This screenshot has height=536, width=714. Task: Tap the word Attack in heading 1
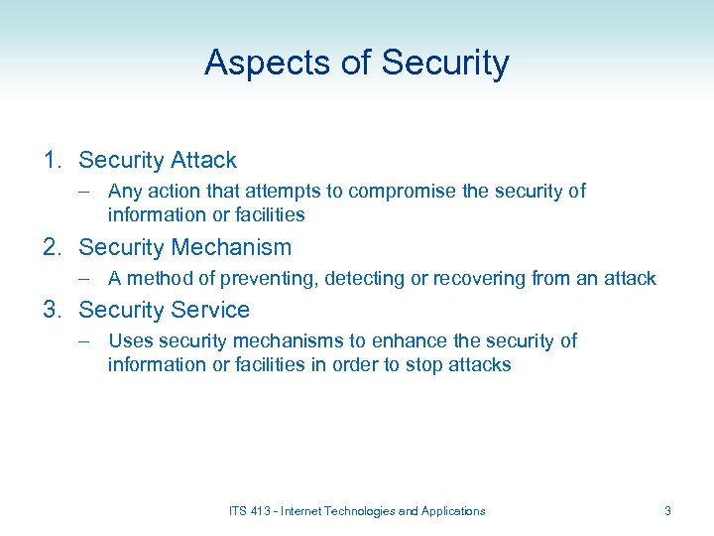point(203,160)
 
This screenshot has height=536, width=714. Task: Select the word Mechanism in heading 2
point(231,247)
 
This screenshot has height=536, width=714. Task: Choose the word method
point(156,279)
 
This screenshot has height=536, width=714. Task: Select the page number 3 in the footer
point(667,511)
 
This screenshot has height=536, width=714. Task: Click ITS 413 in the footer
point(251,511)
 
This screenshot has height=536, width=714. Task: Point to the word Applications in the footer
point(453,511)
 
